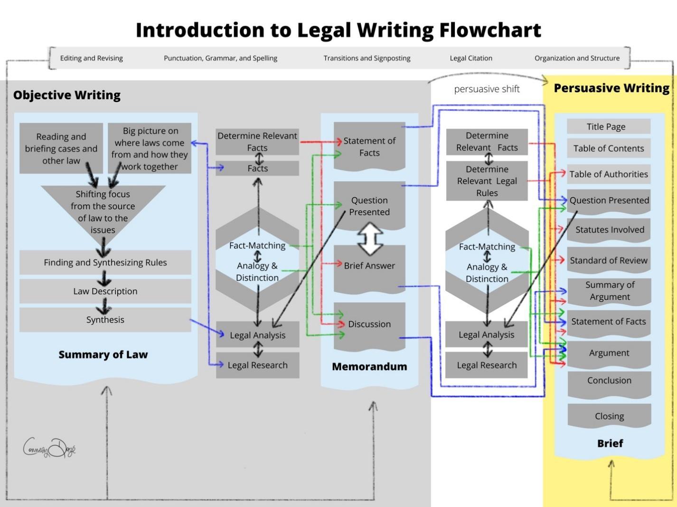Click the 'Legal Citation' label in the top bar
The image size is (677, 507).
point(470,58)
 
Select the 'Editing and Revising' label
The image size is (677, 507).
point(91,58)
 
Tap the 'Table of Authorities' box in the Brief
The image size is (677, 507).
point(609,174)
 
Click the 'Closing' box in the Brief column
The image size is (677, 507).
point(609,416)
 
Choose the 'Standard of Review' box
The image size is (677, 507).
point(609,260)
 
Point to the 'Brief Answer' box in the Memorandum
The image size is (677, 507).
point(369,266)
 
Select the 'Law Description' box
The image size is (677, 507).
point(105,291)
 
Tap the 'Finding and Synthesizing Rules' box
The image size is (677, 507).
point(105,262)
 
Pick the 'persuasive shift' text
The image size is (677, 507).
point(487,89)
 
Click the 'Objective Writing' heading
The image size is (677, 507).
point(67,95)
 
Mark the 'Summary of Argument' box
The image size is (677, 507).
point(610,291)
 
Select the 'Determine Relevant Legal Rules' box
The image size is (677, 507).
point(487,181)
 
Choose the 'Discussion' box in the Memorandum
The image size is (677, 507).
point(369,324)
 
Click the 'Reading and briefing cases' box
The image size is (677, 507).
point(61,148)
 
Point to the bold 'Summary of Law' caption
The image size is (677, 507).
point(103,355)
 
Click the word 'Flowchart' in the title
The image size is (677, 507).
point(489,30)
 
